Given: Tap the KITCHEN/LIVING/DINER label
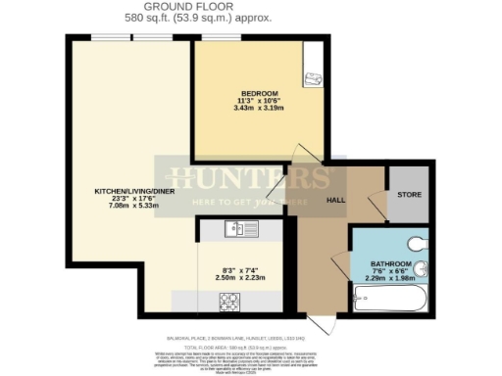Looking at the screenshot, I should [x=134, y=190].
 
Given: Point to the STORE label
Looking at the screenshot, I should [x=409, y=196].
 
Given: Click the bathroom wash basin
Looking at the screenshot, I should [x=422, y=272].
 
